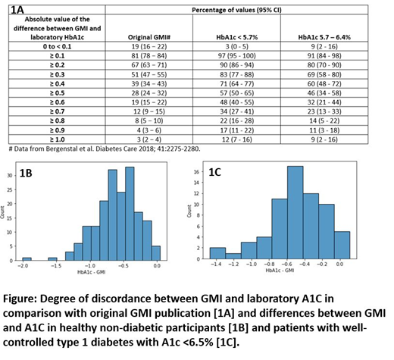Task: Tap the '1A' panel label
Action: click(x=16, y=11)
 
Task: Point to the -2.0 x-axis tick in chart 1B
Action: click(x=27, y=266)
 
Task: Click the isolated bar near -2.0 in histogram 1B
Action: click(x=27, y=258)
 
